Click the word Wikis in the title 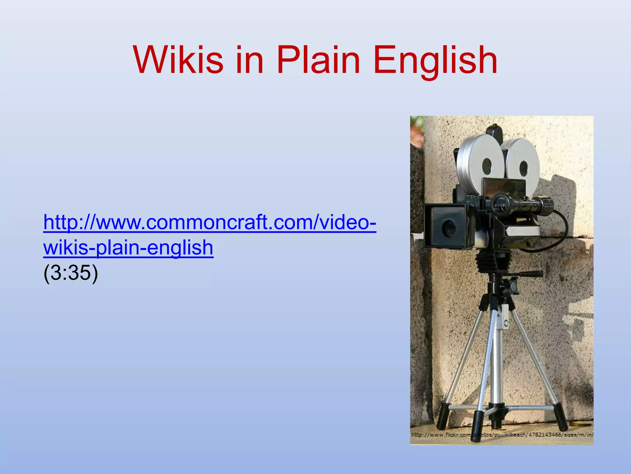[x=178, y=60]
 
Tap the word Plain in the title [x=318, y=60]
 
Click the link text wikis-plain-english [x=128, y=248]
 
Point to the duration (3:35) [x=71, y=273]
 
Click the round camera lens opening [x=447, y=228]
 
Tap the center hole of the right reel [x=524, y=168]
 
